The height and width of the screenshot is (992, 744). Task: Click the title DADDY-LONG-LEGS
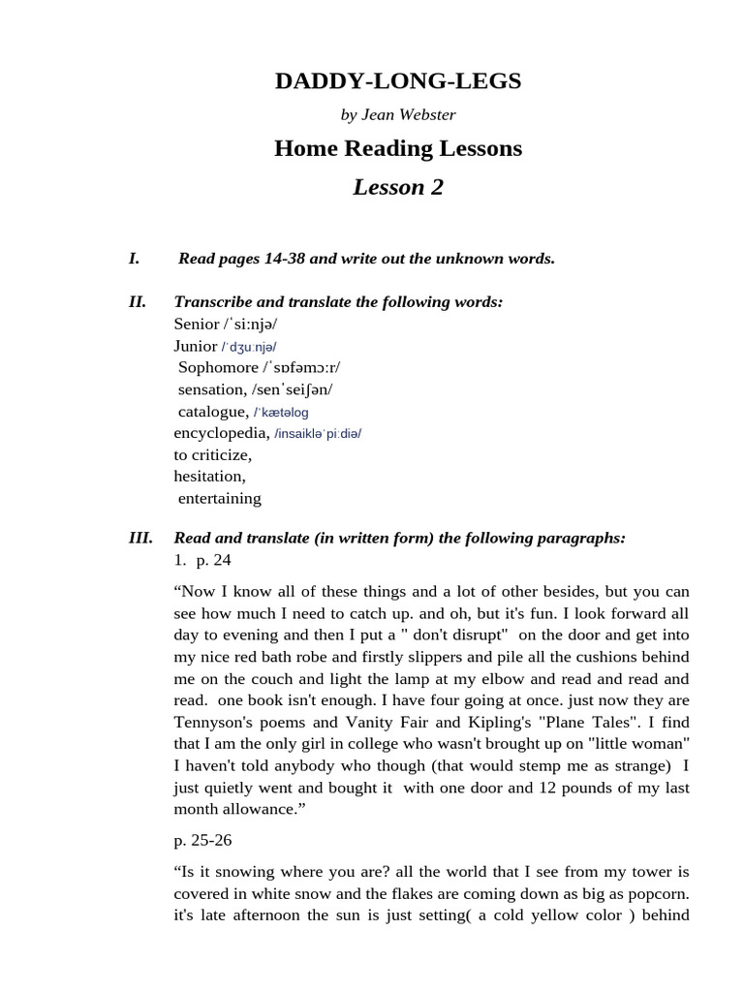397,81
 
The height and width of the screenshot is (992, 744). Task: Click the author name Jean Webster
408,115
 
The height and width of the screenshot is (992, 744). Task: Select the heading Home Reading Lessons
397,148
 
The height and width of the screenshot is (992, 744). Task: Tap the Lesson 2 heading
397,187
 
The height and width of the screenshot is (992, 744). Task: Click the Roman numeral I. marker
135,259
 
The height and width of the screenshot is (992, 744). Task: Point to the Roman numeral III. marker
140,539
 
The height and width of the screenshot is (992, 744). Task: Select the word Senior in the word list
196,324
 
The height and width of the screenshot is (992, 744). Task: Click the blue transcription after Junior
249,347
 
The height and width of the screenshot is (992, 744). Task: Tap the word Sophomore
218,367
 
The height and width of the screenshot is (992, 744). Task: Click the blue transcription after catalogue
281,413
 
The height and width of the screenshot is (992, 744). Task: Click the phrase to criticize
212,454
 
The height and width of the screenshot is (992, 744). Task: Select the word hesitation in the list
209,476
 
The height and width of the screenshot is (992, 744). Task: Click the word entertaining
220,498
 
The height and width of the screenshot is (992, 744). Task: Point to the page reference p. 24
213,560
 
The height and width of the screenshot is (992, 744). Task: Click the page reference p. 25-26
202,841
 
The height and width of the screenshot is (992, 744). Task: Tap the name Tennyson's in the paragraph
214,722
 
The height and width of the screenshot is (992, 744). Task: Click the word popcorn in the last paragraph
655,893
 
